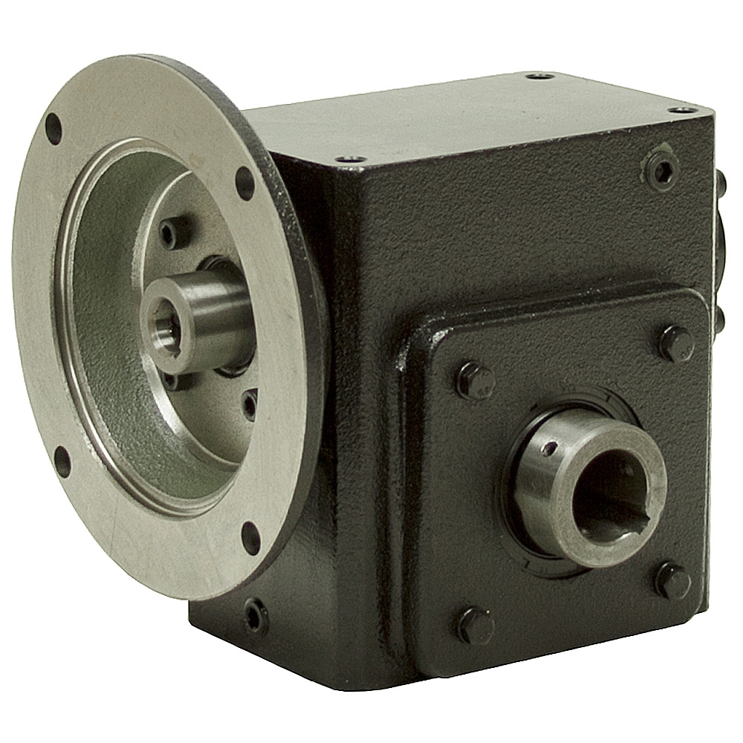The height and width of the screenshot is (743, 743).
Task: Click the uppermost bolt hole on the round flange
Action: pos(53,129)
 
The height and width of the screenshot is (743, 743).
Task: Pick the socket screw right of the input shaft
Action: pos(250,403)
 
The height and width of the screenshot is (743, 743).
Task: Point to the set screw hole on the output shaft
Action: pos(548,448)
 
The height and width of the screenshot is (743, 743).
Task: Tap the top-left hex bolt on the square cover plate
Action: pos(474,380)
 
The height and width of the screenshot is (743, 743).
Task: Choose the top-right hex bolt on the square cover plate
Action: pos(676,343)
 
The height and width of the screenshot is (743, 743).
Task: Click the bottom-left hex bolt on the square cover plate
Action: pos(474,625)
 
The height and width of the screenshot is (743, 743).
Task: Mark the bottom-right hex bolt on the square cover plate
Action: pos(672,580)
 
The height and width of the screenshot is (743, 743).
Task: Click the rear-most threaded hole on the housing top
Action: pos(540,76)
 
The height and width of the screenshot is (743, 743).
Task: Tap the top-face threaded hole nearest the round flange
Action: pos(350,158)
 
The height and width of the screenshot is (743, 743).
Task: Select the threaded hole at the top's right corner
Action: pos(682,110)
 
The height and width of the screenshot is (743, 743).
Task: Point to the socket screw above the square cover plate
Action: pos(661,171)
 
